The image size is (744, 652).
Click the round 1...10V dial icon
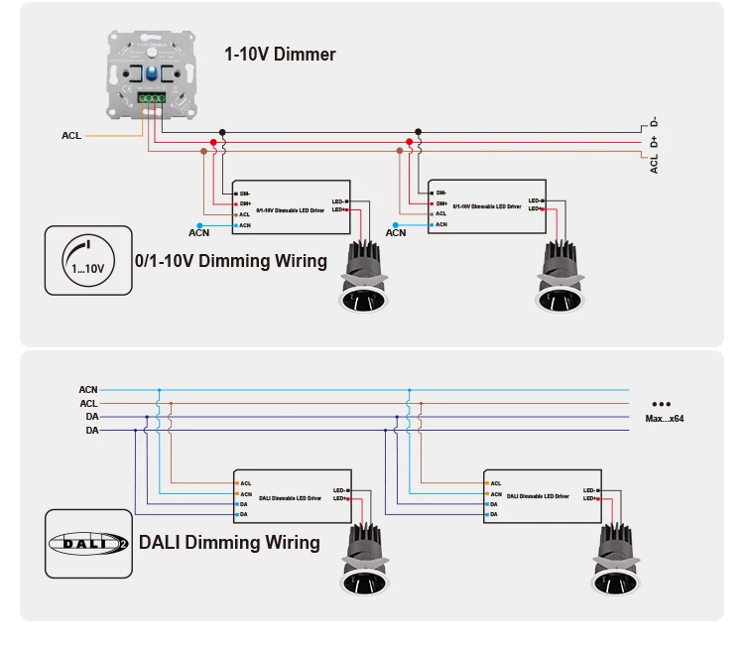pyautogui.click(x=87, y=260)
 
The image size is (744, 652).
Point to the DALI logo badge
pyautogui.click(x=88, y=543)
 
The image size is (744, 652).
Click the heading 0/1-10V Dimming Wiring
pyautogui.click(x=231, y=261)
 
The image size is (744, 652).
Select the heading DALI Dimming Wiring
pyautogui.click(x=229, y=542)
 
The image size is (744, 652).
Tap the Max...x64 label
pyautogui.click(x=665, y=419)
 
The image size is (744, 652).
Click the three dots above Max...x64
pyautogui.click(x=663, y=404)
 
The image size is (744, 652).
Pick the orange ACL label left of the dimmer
pyautogui.click(x=71, y=135)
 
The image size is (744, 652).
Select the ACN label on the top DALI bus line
pyautogui.click(x=88, y=390)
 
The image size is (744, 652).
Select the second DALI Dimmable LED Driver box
pyautogui.click(x=544, y=495)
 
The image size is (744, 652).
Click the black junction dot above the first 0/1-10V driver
pyautogui.click(x=222, y=131)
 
